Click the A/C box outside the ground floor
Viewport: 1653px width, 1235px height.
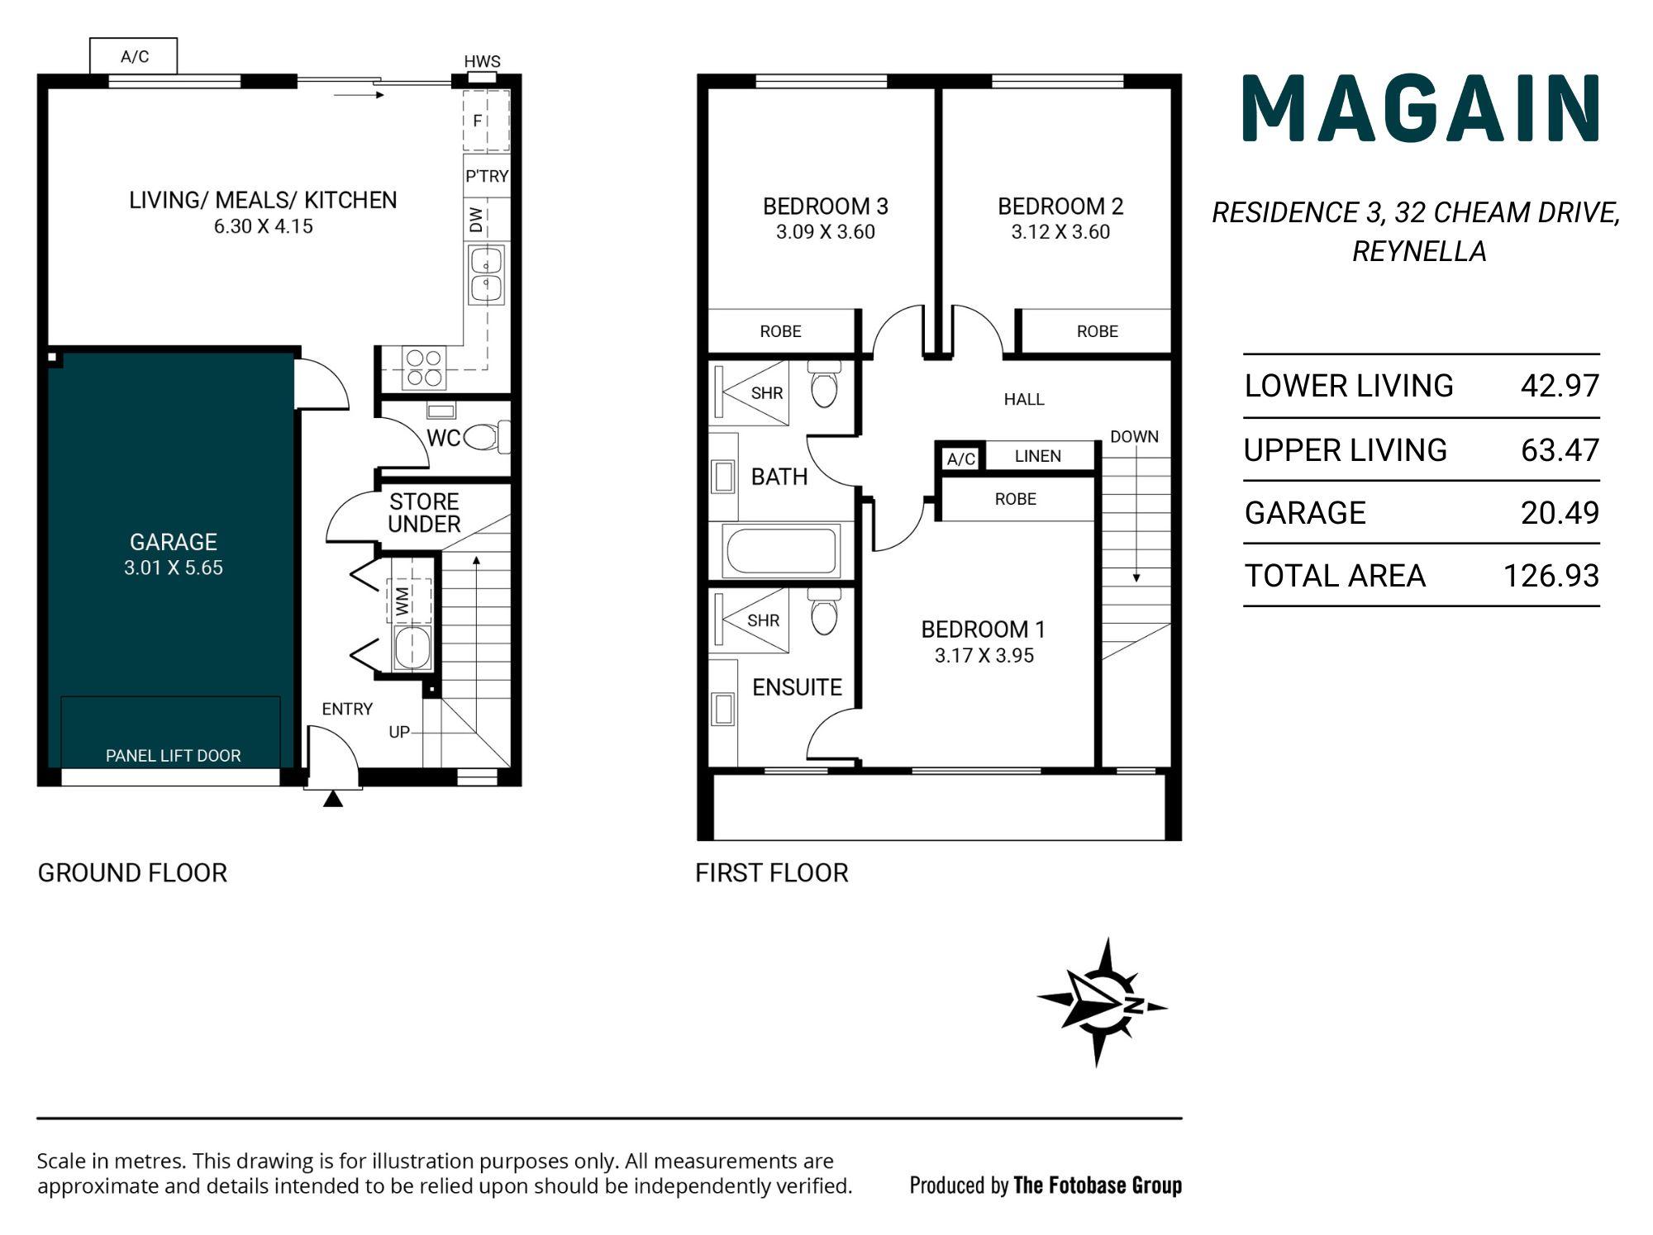(x=133, y=56)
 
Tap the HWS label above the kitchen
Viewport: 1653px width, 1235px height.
(x=482, y=61)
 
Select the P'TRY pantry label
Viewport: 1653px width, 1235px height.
(x=487, y=176)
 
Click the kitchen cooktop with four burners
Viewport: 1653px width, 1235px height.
(x=424, y=368)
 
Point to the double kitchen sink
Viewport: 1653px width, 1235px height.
(x=486, y=274)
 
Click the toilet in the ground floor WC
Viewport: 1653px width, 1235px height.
(x=487, y=436)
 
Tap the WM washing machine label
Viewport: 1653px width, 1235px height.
(x=403, y=601)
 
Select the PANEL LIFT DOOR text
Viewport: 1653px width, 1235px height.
(x=174, y=756)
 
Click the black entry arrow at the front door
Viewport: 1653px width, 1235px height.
(x=333, y=799)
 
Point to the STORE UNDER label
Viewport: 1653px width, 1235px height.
(x=424, y=513)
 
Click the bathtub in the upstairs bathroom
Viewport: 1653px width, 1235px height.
(x=781, y=551)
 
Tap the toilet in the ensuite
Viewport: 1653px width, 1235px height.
(x=824, y=611)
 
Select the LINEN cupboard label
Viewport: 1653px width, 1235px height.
(x=1038, y=456)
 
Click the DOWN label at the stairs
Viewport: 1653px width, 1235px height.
(x=1134, y=436)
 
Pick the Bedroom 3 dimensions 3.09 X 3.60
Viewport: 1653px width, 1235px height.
(x=826, y=232)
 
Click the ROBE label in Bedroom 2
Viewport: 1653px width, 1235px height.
(x=1098, y=331)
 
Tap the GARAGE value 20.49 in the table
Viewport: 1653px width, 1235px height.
(x=1560, y=513)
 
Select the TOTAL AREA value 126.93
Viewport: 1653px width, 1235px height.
(x=1551, y=576)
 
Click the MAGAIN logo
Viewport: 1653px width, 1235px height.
(x=1422, y=108)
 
